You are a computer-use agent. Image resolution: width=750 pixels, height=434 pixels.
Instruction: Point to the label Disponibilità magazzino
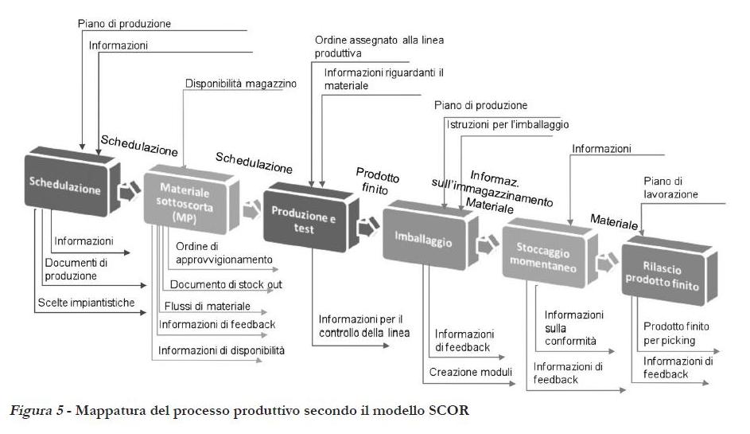tap(240, 83)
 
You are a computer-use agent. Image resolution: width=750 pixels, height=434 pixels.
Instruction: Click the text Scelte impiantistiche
tap(86, 303)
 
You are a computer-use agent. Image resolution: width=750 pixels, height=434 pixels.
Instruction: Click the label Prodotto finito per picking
tap(675, 333)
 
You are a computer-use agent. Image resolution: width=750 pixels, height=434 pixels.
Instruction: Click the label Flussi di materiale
tap(207, 307)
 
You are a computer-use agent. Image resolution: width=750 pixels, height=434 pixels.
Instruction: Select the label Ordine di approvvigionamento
tap(223, 252)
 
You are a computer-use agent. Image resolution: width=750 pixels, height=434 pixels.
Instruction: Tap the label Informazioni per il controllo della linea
tap(363, 326)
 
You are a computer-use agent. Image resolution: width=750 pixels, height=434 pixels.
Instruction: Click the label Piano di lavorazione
tap(670, 188)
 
